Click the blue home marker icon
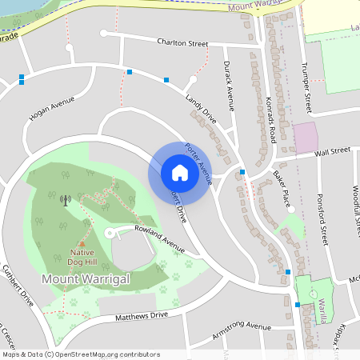pos(179,172)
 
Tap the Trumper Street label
pos(306,87)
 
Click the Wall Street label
pos(333,150)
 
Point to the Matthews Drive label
pos(142,317)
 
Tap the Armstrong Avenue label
pos(242,329)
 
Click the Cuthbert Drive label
pos(18,286)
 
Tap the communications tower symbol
pos(65,200)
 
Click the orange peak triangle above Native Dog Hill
pos(82,244)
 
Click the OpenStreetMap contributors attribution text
pos(81,354)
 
